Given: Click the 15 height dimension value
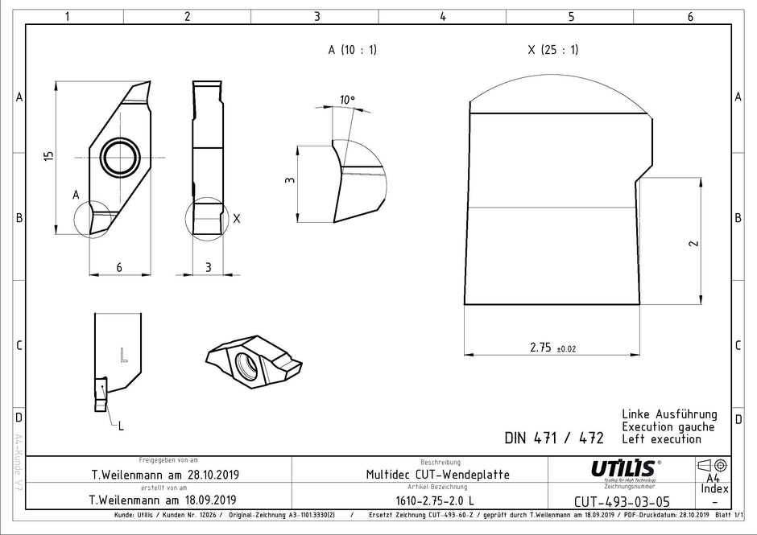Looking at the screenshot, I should (49, 155).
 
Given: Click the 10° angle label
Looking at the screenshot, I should (346, 100).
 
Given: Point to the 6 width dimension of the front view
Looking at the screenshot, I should (119, 267).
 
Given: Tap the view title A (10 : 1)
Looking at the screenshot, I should (352, 50).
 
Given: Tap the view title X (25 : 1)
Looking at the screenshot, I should (552, 50).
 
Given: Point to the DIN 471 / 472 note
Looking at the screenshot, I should (553, 438).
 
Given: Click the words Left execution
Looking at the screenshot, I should (661, 439).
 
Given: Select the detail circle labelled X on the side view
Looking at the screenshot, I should (207, 218).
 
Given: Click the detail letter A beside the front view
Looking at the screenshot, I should (75, 195).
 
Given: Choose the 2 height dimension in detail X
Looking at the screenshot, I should (693, 243).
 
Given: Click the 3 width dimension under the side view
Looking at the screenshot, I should (208, 267).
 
